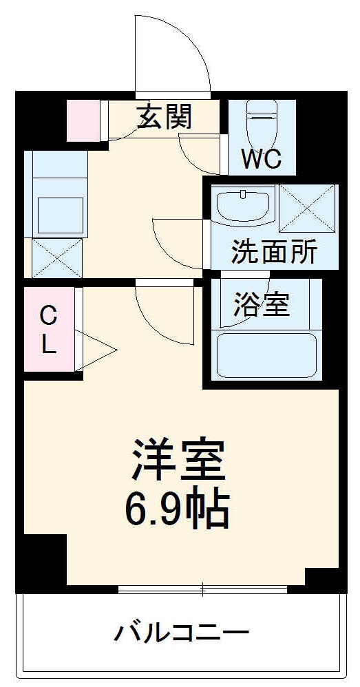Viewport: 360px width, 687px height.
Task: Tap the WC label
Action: pos(261,160)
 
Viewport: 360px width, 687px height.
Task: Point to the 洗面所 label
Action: pos(274,253)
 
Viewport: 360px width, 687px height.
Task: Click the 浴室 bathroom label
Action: pos(262,304)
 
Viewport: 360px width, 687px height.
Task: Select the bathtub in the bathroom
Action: pos(266,355)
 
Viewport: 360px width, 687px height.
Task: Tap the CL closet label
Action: pos(47,330)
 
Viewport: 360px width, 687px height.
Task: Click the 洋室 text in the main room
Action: pos(180,460)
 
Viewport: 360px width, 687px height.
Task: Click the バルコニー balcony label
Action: pos(181,632)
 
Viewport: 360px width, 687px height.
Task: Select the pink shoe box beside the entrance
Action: pos(83,120)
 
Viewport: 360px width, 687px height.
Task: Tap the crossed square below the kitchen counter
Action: pos(56,258)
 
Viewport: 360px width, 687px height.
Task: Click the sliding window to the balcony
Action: pos(202,589)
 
